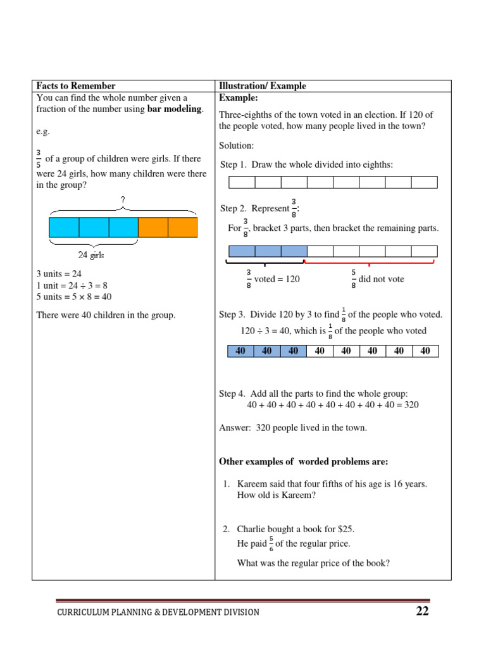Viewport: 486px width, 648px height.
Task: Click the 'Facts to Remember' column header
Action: [76, 86]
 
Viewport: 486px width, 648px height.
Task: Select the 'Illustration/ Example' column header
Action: [262, 86]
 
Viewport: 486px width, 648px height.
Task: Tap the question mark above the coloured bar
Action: [123, 200]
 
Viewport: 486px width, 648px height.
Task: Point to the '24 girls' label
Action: [91, 255]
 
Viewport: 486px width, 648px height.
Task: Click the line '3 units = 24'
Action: [59, 274]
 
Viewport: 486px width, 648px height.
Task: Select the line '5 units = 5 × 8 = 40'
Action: [74, 297]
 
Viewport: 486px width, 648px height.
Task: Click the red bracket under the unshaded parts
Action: [370, 262]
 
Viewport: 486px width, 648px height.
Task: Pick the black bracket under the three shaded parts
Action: [265, 262]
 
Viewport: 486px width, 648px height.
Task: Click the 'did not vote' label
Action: [381, 279]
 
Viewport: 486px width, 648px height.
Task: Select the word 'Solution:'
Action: [236, 146]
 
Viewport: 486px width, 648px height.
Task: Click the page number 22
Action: [422, 611]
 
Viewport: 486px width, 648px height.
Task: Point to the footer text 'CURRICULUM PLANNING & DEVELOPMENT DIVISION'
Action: [158, 612]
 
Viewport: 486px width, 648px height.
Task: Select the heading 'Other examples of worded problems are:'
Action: [303, 461]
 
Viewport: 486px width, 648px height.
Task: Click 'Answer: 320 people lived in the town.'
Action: [292, 428]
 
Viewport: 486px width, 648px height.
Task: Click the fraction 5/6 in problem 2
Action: [271, 544]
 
